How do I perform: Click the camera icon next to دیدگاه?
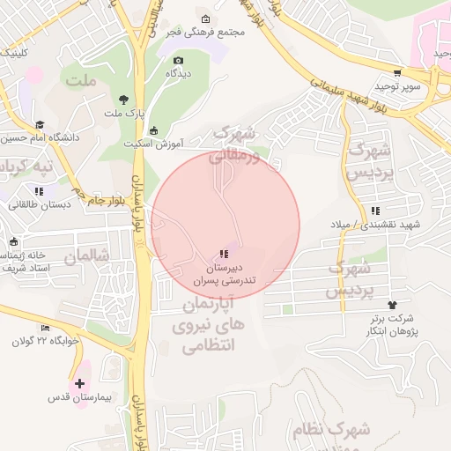coord(179,61)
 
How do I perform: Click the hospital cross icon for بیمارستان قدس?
coord(80,383)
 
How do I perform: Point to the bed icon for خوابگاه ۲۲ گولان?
coord(46,328)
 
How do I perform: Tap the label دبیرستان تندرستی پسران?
coord(223,273)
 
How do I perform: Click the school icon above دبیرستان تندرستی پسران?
coord(222,255)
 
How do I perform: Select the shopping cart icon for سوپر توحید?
coord(398,73)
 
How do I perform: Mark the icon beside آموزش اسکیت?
coord(152,130)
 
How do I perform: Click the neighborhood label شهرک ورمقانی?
coord(236,144)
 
